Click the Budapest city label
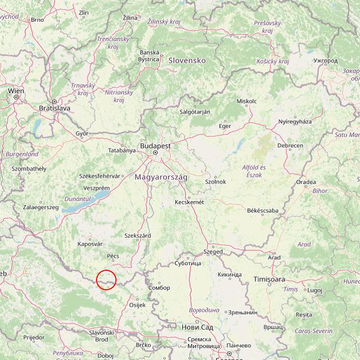pyautogui.click(x=155, y=146)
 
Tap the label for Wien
pyautogui.click(x=16, y=91)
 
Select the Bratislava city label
pyautogui.click(x=54, y=107)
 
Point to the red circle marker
pyautogui.click(x=106, y=280)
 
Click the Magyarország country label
pyautogui.click(x=161, y=177)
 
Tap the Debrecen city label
pyautogui.click(x=290, y=146)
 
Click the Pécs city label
pyautogui.click(x=113, y=256)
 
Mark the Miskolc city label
pyautogui.click(x=246, y=101)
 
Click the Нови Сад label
pyautogui.click(x=197, y=327)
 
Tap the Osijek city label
pyautogui.click(x=138, y=305)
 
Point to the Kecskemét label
pyautogui.click(x=189, y=202)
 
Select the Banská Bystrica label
pyautogui.click(x=149, y=55)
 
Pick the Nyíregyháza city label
pyautogui.click(x=295, y=122)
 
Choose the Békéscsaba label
pyautogui.click(x=263, y=210)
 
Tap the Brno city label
pyautogui.click(x=37, y=19)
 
